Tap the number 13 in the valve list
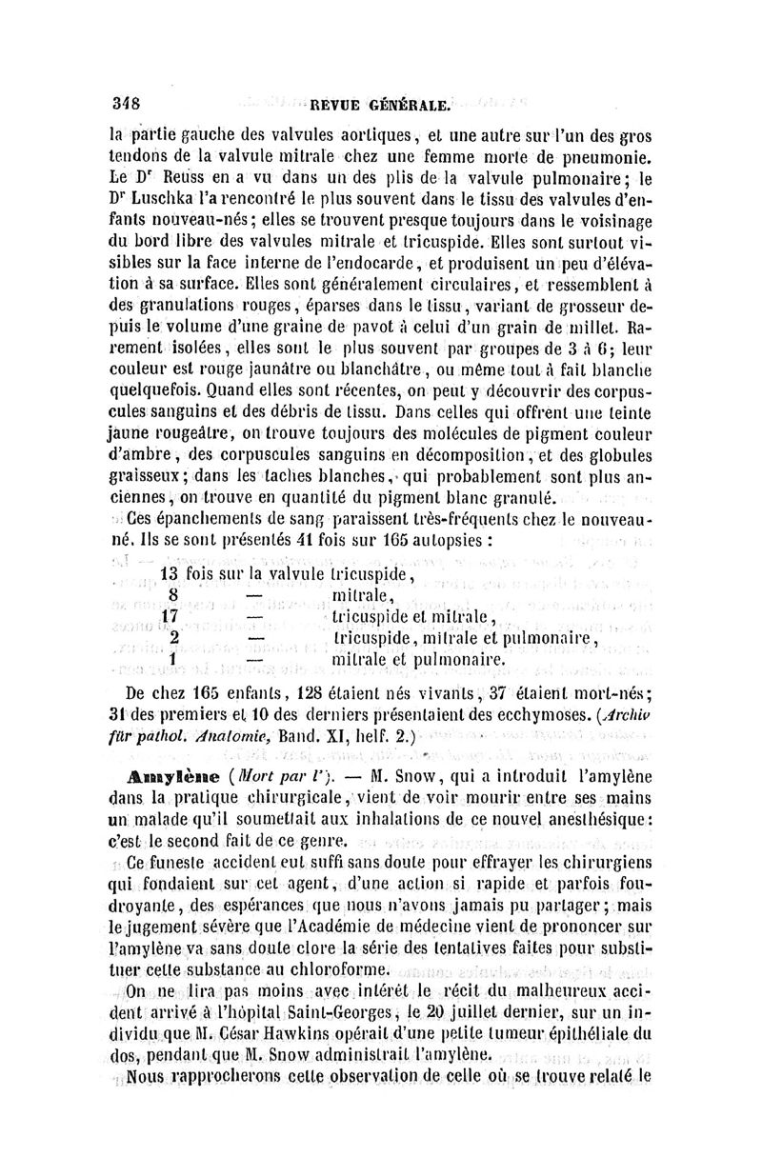[x=170, y=574]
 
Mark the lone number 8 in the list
[x=173, y=595]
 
